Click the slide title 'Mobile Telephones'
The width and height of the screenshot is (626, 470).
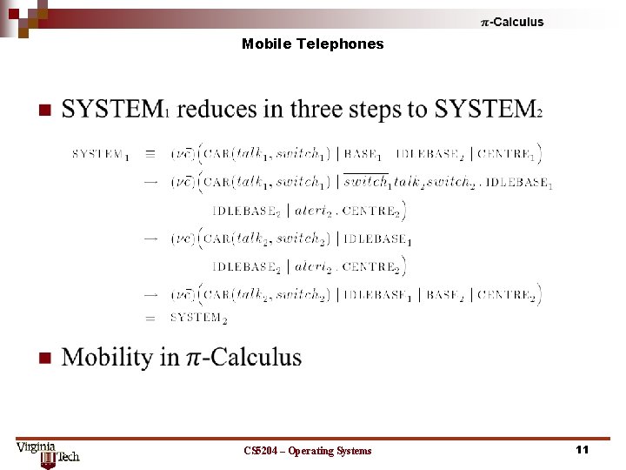(x=312, y=44)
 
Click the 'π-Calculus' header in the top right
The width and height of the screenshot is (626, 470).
(x=512, y=22)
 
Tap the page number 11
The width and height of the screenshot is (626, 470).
(x=582, y=449)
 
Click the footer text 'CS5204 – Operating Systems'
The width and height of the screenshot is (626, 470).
(x=308, y=450)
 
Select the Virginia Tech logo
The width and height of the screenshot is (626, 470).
(x=48, y=453)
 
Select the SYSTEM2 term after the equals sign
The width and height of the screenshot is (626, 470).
(x=198, y=318)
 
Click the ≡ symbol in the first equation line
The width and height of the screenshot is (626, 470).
(x=150, y=154)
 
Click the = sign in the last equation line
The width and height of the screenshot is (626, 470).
(x=150, y=319)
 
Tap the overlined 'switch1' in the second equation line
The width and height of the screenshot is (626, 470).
(x=366, y=182)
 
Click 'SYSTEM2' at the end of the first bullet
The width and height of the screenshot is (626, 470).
(x=488, y=109)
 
